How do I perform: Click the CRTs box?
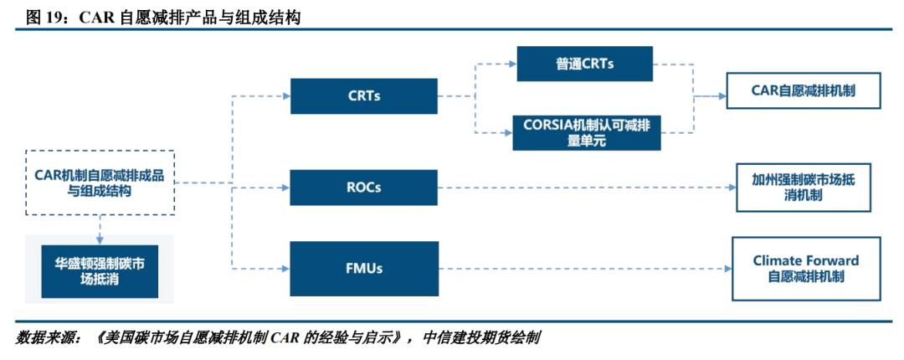364,95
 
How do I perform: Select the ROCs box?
364,188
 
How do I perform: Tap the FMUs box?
364,268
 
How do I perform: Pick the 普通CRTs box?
584,64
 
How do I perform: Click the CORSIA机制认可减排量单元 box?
586,132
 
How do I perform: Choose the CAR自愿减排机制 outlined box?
803,90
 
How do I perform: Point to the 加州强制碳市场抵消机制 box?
803,188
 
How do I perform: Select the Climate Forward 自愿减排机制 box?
806,268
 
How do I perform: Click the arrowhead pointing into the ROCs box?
285,188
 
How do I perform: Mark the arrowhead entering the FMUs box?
285,268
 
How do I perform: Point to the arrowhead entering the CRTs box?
285,95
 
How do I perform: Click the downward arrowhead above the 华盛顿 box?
100,239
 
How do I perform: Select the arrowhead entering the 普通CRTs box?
512,64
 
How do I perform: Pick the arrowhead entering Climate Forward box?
727,268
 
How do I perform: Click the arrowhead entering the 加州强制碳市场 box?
732,188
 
